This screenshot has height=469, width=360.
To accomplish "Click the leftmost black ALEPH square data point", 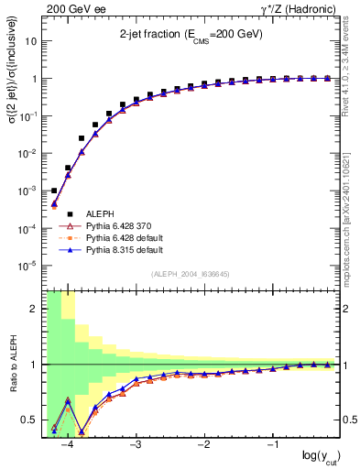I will point(54,191).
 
